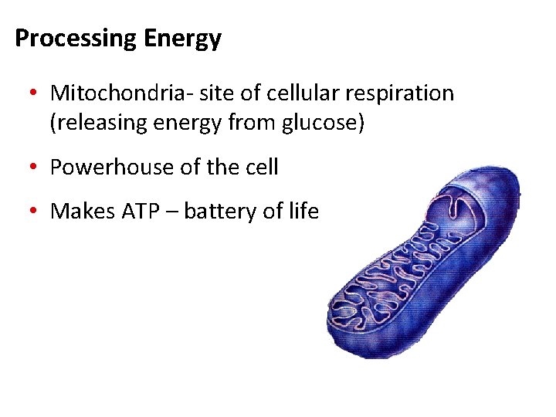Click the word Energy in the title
[x=183, y=39]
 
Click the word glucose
[x=319, y=123]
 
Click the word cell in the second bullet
[x=263, y=167]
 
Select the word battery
[x=219, y=211]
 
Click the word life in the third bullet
[x=305, y=210]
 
